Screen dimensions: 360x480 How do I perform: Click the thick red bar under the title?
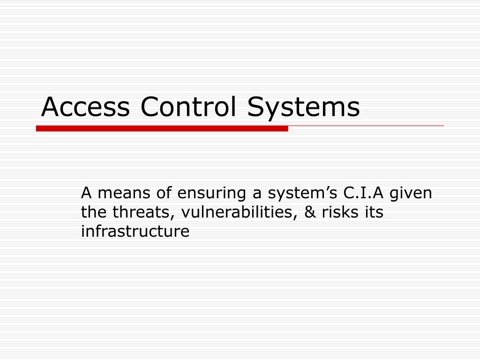coord(162,128)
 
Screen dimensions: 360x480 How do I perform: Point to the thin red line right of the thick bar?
coord(366,126)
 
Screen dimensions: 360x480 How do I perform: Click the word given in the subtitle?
coord(411,193)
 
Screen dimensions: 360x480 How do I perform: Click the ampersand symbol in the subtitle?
coord(310,212)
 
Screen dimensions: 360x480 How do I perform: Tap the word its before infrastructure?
coord(374,212)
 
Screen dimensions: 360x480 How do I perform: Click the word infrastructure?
coord(135,232)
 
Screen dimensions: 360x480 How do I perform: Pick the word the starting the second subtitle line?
coord(94,212)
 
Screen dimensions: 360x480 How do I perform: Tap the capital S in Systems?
coord(256,107)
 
